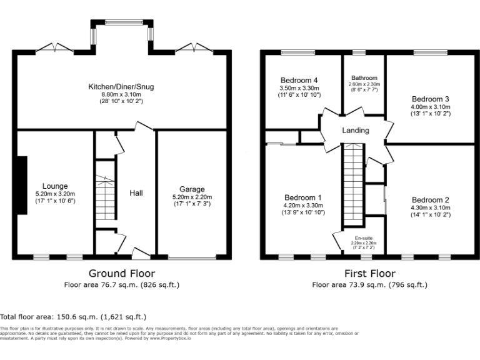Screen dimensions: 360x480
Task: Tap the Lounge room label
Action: click(x=55, y=186)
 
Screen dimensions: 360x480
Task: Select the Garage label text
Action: click(x=192, y=189)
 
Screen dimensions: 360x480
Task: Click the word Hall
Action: click(x=136, y=193)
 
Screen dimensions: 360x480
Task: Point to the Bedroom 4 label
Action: click(x=299, y=81)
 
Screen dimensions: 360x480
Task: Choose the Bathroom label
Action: click(x=364, y=78)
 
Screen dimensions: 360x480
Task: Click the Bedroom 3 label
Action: click(x=430, y=99)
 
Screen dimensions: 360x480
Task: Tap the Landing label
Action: click(x=355, y=131)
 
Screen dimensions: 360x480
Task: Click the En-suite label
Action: click(x=364, y=238)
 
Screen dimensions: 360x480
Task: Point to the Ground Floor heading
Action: click(x=121, y=273)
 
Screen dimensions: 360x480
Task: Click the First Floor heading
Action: click(x=369, y=273)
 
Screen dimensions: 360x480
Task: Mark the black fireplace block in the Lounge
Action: click(x=22, y=186)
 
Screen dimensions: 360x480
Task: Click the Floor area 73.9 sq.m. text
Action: click(x=369, y=285)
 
